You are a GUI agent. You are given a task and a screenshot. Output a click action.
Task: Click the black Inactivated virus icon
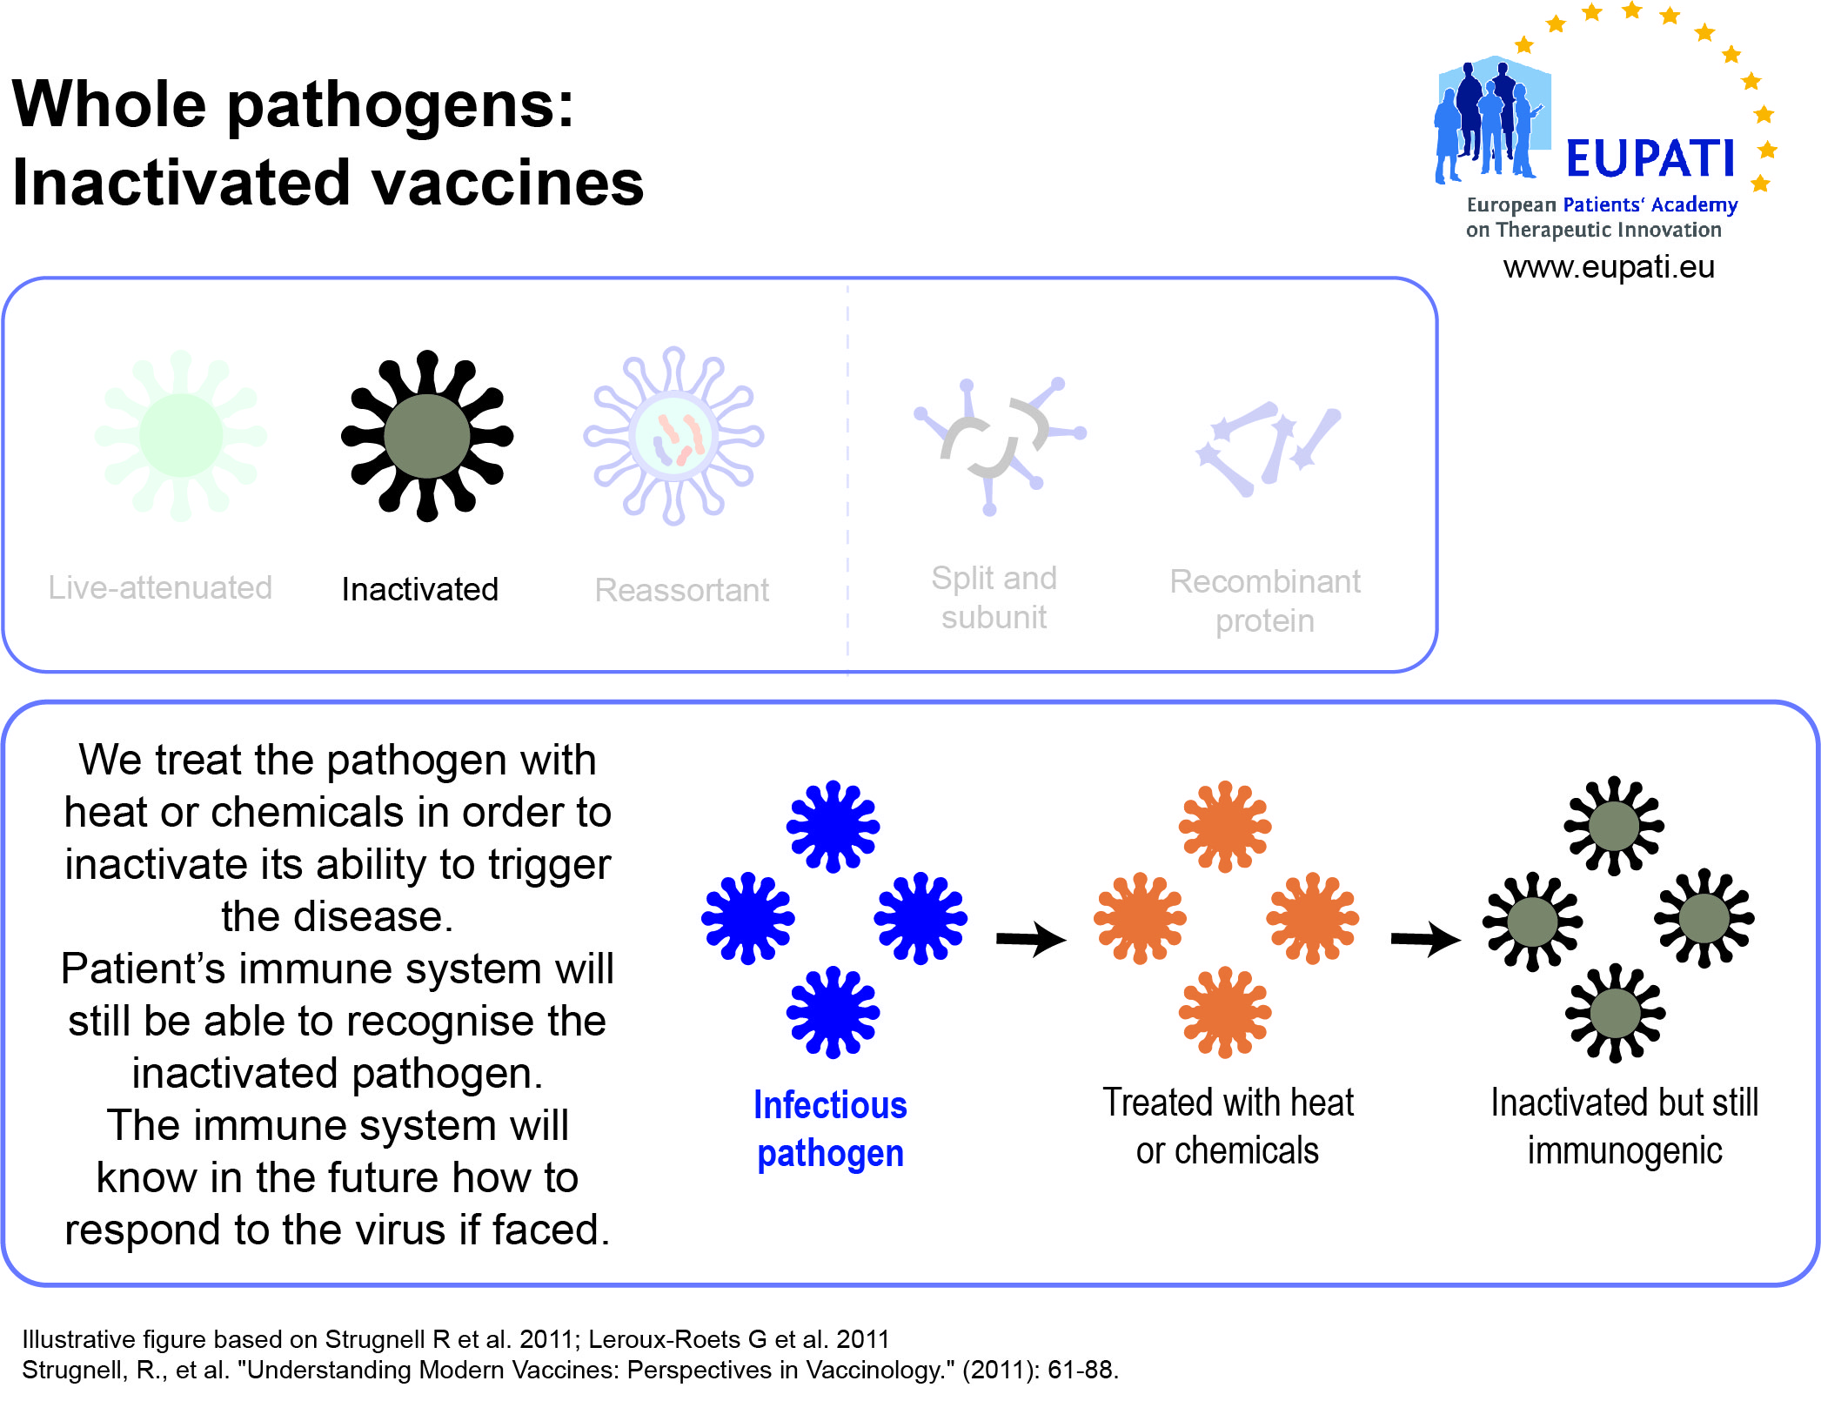(427, 435)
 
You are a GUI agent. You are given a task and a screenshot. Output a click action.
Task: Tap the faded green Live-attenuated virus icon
(181, 435)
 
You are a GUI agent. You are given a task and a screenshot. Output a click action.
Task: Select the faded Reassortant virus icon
(673, 436)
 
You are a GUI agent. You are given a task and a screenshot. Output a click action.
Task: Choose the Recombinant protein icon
(1268, 448)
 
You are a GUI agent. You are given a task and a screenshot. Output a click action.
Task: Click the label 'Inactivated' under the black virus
(420, 589)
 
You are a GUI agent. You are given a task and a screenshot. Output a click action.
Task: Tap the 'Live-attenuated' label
(160, 588)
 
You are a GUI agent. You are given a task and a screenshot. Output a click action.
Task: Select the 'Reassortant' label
(682, 590)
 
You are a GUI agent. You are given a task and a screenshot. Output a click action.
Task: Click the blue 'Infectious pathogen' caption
(831, 1130)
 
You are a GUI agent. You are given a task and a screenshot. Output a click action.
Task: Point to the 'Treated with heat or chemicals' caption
(1228, 1126)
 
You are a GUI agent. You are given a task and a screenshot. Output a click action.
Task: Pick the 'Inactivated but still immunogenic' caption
(1624, 1126)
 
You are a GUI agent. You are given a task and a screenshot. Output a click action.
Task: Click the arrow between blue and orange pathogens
(1032, 939)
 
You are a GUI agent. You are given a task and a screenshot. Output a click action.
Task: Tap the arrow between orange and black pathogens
(1426, 939)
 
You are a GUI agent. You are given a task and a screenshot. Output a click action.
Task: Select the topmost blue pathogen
(834, 826)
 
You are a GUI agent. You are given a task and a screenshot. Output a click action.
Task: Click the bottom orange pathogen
(1225, 1012)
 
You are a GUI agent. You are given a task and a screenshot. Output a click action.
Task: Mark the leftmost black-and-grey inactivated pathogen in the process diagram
(1532, 922)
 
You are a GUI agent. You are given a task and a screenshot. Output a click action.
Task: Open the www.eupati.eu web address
(1610, 267)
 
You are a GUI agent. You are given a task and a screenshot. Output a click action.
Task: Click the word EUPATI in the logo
(1650, 158)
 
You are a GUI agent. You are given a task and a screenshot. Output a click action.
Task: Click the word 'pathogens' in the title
(401, 106)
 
